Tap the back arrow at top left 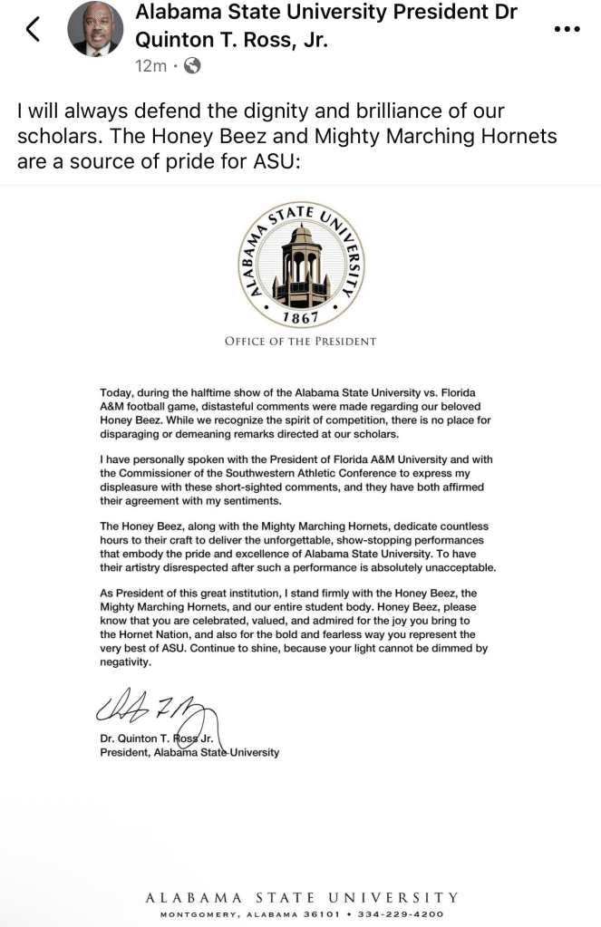tap(33, 30)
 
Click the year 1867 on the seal tap(299, 317)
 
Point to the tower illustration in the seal tap(299, 264)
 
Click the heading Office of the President tap(300, 342)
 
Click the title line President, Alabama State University tap(190, 752)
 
